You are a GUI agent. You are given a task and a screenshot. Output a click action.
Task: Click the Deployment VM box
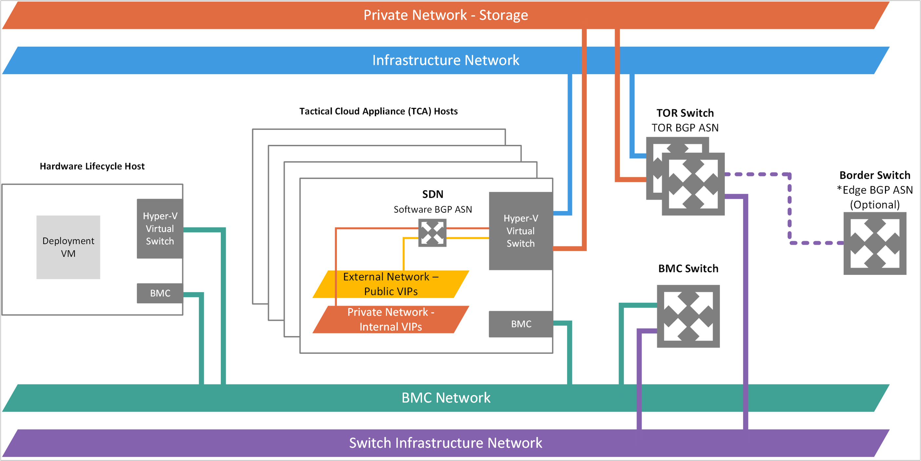coord(68,247)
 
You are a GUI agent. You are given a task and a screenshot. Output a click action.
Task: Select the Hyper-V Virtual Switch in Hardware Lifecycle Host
coord(160,229)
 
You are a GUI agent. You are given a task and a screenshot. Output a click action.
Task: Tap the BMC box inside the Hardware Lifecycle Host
coord(160,293)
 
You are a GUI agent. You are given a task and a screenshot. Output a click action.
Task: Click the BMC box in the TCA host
coord(521,324)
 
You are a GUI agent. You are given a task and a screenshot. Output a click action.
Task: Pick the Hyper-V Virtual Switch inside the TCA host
coord(521,231)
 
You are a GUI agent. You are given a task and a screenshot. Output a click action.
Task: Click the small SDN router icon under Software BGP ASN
coord(432,233)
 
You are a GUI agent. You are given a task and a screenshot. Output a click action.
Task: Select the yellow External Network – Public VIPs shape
coord(390,284)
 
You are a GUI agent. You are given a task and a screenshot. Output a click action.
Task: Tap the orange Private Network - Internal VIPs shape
coord(390,319)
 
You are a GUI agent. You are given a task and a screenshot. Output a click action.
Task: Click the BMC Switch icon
coord(688,316)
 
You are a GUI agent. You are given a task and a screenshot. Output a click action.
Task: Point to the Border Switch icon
coord(874,243)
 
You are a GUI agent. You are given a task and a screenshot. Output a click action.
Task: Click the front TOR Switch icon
coord(693,184)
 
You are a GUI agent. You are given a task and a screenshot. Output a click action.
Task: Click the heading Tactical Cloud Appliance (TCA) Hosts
coord(378,111)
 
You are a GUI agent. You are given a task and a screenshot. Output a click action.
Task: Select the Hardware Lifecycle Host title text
coord(92,166)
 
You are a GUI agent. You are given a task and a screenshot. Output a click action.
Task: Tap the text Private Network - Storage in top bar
coord(446,15)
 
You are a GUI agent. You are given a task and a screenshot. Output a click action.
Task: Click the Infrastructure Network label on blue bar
coord(446,60)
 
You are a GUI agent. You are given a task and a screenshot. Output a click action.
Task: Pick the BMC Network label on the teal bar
coord(446,398)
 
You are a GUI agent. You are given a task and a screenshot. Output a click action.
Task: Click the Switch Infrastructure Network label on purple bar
coord(446,443)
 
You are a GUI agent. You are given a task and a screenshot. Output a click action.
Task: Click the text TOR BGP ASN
coord(685,127)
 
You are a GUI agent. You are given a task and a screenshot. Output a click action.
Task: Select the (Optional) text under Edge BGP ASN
coord(874,204)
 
